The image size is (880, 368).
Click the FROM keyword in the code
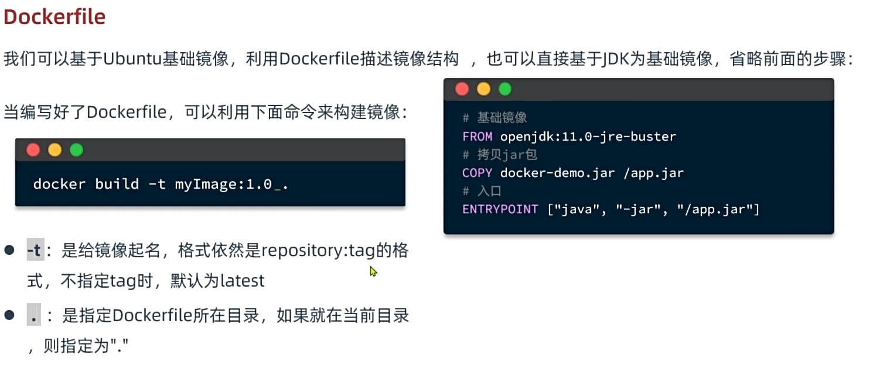click(x=477, y=137)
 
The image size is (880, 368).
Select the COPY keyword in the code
click(x=477, y=173)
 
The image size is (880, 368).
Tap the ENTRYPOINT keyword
click(x=500, y=209)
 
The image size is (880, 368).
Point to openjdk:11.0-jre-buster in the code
click(x=588, y=137)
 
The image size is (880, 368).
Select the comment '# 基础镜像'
click(x=495, y=118)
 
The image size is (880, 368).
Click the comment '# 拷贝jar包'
click(x=500, y=155)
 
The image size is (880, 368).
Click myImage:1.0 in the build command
click(x=223, y=184)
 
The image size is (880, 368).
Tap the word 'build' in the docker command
click(x=117, y=184)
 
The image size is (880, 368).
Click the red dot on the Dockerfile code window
click(x=462, y=89)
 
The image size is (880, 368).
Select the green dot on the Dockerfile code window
click(x=505, y=89)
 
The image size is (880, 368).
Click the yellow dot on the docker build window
click(x=54, y=150)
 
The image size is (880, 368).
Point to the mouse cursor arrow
click(x=373, y=271)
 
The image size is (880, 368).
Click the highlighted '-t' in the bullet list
click(x=35, y=251)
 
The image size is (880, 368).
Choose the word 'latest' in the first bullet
click(x=242, y=281)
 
